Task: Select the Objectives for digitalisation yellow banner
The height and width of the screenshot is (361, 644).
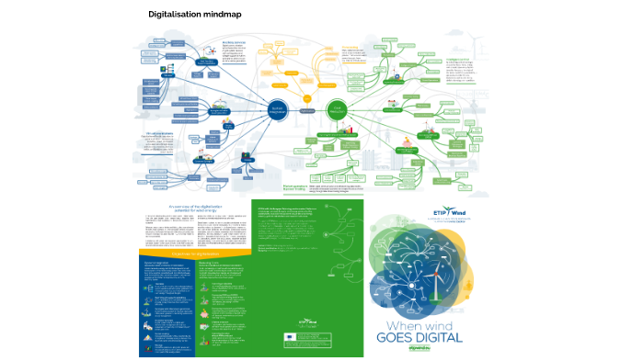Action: [x=192, y=251]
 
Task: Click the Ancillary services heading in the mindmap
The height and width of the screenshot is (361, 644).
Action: [x=234, y=42]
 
